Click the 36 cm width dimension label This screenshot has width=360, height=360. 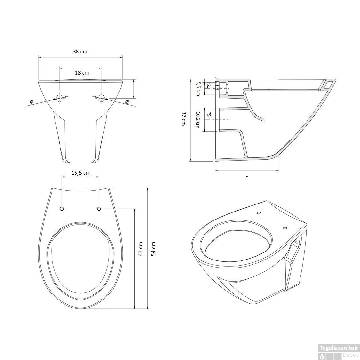click(x=80, y=52)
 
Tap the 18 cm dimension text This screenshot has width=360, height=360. click(x=82, y=73)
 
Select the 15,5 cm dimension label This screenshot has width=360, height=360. click(x=81, y=173)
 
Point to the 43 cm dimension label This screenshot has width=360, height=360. click(x=140, y=249)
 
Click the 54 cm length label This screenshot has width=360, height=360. click(x=153, y=249)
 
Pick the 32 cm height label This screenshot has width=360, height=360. click(x=183, y=118)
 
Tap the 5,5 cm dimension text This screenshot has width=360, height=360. click(x=198, y=89)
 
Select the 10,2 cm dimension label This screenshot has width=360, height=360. click(x=198, y=120)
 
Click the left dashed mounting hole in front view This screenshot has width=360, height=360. click(x=60, y=98)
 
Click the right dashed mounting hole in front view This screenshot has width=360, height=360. click(x=101, y=98)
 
